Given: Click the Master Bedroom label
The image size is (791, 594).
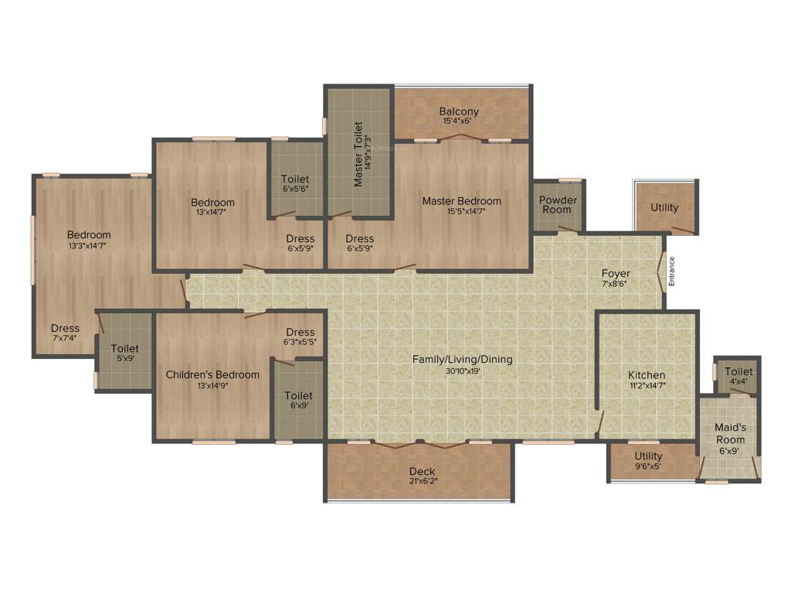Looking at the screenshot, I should coord(461,201).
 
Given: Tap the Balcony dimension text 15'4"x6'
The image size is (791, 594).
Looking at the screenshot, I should coord(457,121).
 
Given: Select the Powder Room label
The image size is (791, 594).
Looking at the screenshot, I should coord(558,205).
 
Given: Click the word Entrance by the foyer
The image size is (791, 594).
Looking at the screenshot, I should coord(672,272).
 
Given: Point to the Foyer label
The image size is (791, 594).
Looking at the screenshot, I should coord(616,274).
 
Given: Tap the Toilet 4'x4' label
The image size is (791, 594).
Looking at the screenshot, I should coord(738,372).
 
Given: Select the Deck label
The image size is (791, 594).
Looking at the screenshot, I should coord(422,472).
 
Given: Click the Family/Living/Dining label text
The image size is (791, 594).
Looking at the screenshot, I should coord(462,360).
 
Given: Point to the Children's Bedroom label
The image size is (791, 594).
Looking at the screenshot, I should coord(212,375).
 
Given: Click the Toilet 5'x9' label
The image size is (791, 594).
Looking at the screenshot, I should coord(124,349).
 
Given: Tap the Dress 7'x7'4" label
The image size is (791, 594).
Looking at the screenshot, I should coord(65,328).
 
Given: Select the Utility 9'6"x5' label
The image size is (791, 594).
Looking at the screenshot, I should coord(648,456).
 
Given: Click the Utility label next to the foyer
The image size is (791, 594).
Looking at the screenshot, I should coord(664,207).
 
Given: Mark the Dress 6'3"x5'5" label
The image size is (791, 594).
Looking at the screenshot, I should coord(300,333).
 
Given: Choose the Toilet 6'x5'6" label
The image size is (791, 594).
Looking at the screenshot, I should coord(295,179).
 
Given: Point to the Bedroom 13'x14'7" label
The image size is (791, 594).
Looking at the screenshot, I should coord(212,203).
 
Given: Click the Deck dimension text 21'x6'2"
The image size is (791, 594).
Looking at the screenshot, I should coord(422,482).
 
